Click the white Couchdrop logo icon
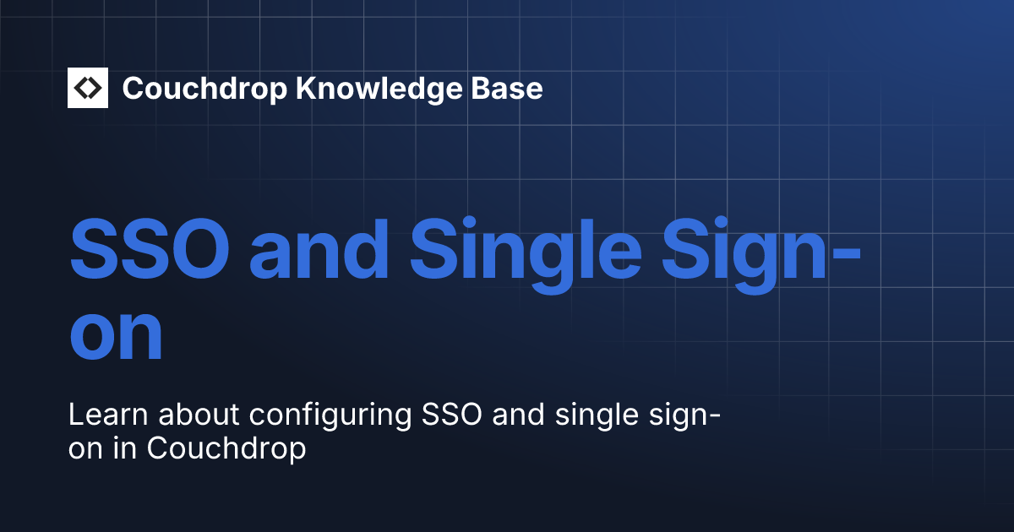pyautogui.click(x=88, y=88)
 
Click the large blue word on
pyautogui.click(x=116, y=334)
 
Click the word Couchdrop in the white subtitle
pyautogui.click(x=226, y=450)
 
